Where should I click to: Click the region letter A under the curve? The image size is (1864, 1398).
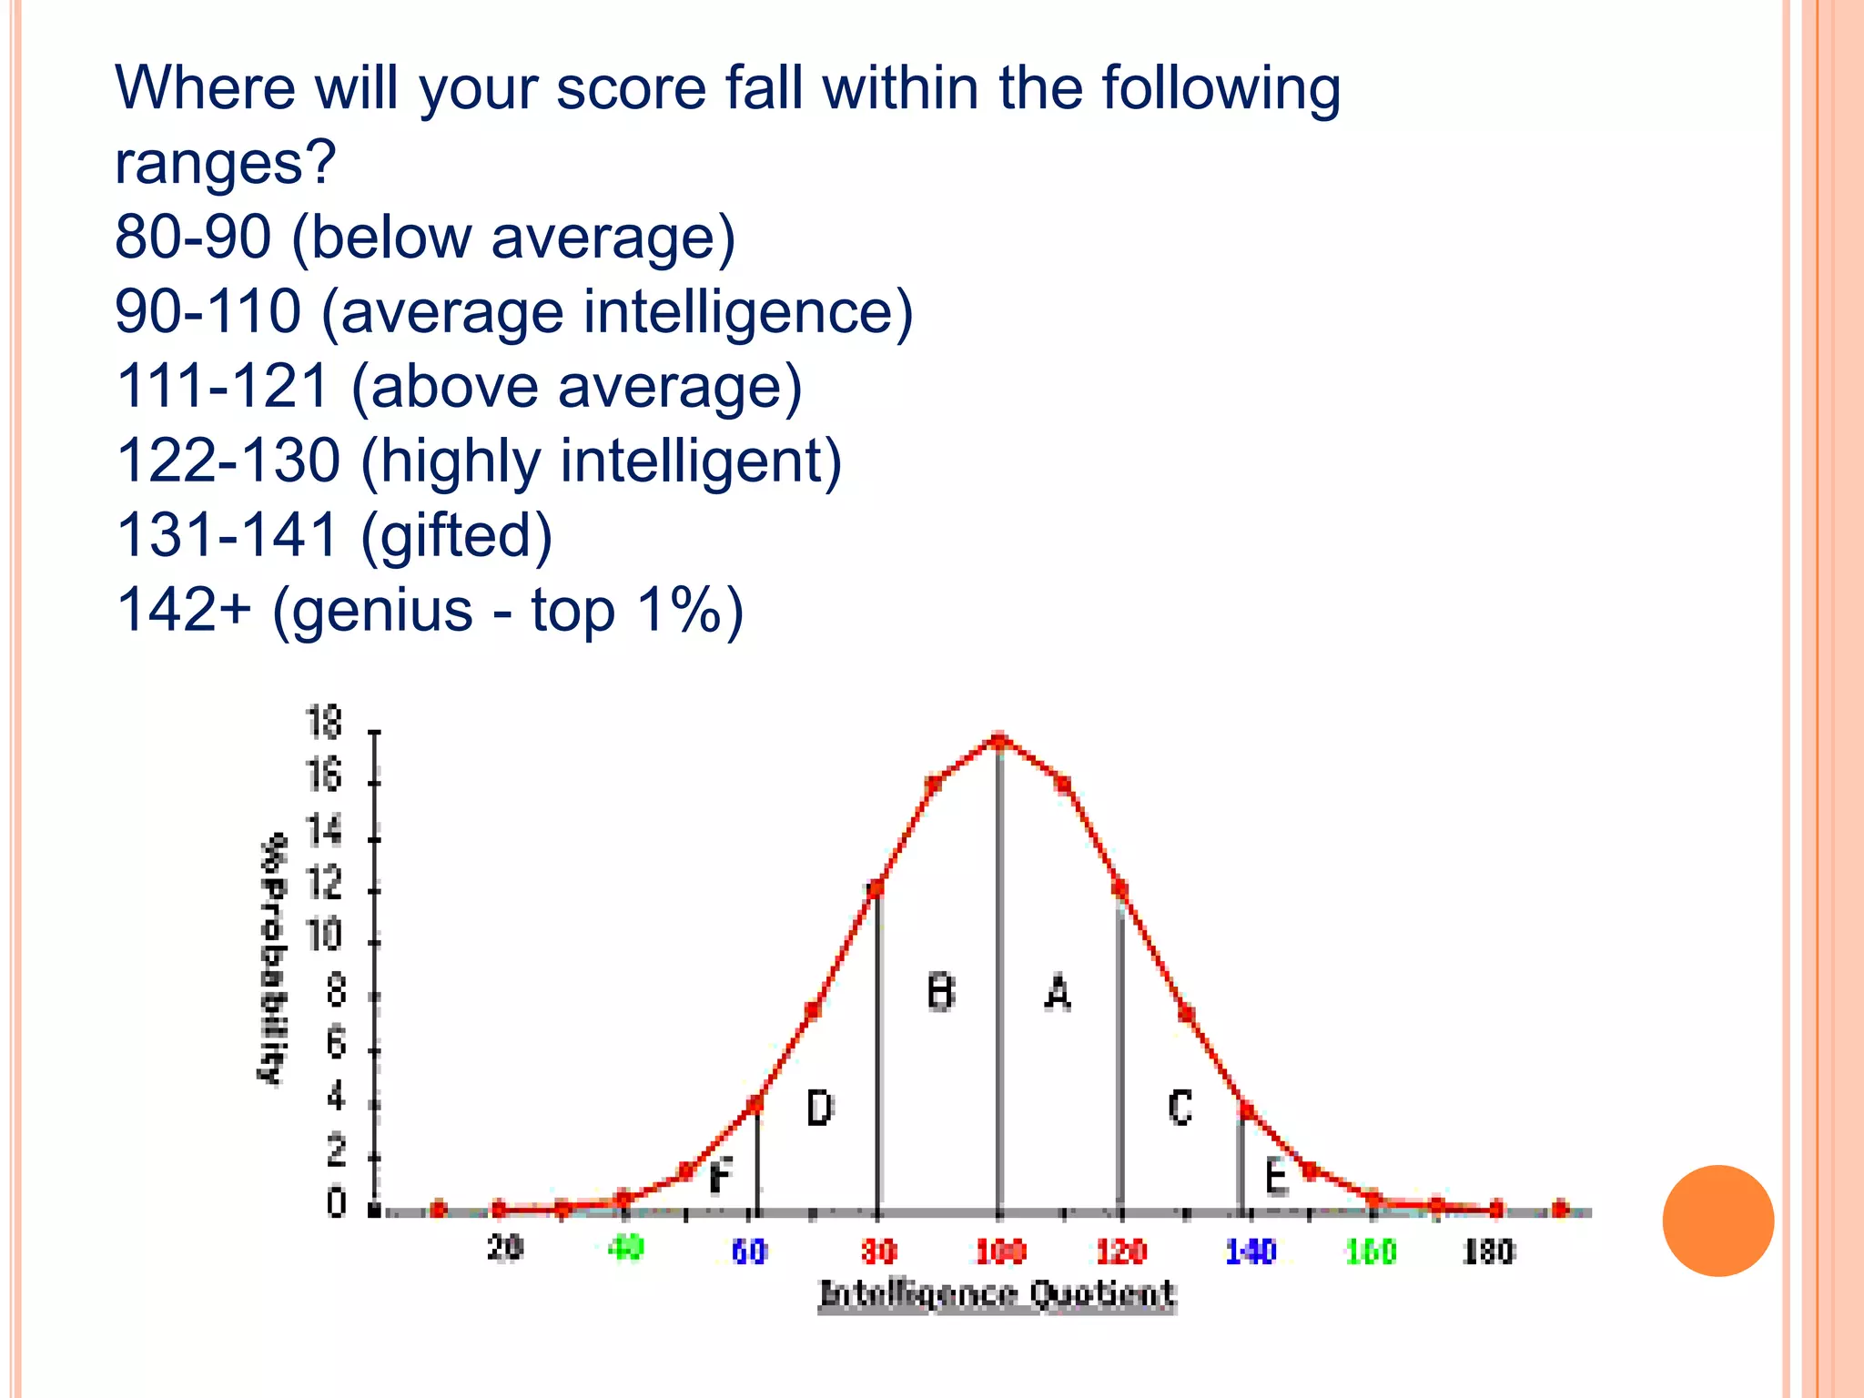tap(1057, 993)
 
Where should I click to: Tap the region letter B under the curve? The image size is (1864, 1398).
tap(940, 992)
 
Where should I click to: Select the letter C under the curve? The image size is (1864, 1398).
tap(1180, 1108)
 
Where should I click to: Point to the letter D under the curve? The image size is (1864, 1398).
tap(819, 1108)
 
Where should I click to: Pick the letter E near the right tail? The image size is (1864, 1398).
tap(1276, 1177)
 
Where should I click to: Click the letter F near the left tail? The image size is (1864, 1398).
tap(720, 1176)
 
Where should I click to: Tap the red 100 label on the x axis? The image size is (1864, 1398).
tap(1000, 1252)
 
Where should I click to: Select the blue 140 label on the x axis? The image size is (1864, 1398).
tap(1251, 1252)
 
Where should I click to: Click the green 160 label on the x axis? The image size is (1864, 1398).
tap(1371, 1252)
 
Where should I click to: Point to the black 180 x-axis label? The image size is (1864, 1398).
tap(1488, 1252)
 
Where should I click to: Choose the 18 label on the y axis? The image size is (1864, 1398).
tap(323, 723)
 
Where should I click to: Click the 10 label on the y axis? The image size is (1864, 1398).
tap(323, 936)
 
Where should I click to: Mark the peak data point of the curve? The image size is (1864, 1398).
tap(998, 741)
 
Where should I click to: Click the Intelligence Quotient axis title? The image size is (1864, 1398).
tap(998, 1294)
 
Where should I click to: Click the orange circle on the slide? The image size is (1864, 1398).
tap(1717, 1221)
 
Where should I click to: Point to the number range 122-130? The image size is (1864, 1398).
tap(228, 461)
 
